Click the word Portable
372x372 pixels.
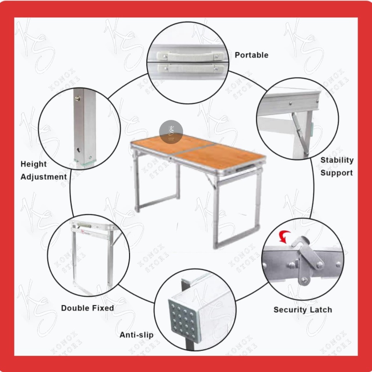click(251, 55)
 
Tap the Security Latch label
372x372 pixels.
click(303, 310)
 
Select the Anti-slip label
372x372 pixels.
click(137, 335)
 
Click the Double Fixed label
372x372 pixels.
click(87, 308)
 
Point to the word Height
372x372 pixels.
click(34, 164)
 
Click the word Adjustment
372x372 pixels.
click(44, 177)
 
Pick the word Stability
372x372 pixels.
click(337, 160)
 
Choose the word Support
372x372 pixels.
click(336, 173)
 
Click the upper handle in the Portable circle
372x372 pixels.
click(190, 56)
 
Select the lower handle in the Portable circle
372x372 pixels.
click(190, 68)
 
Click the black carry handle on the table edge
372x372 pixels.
click(242, 169)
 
